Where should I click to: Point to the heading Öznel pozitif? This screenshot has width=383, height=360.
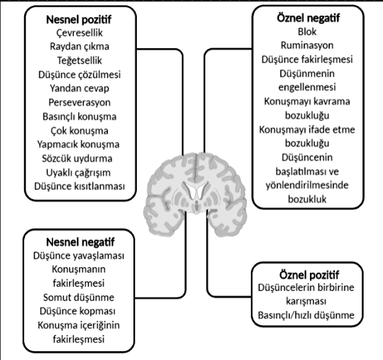(308, 275)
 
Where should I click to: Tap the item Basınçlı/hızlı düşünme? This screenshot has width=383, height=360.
(309, 315)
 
